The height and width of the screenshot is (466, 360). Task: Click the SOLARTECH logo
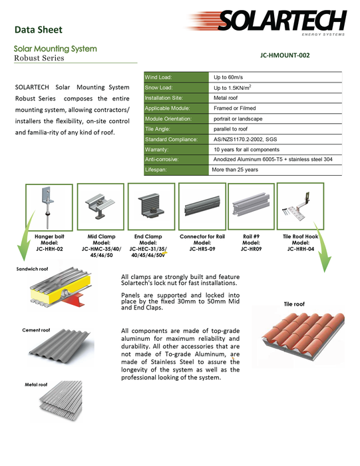[267, 22]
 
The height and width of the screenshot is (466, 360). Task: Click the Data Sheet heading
[39, 30]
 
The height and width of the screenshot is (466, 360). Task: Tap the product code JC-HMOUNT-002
[285, 55]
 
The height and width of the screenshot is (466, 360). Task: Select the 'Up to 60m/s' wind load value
[228, 77]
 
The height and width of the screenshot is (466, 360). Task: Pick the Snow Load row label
[158, 88]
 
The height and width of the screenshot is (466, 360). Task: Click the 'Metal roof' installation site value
[226, 98]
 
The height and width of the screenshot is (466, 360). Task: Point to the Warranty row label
[156, 150]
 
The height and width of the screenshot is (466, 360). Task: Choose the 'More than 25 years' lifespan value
[235, 170]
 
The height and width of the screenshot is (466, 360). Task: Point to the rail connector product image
[202, 206]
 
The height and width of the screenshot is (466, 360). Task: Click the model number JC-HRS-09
[202, 249]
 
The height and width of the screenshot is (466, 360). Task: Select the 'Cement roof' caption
[36, 330]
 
